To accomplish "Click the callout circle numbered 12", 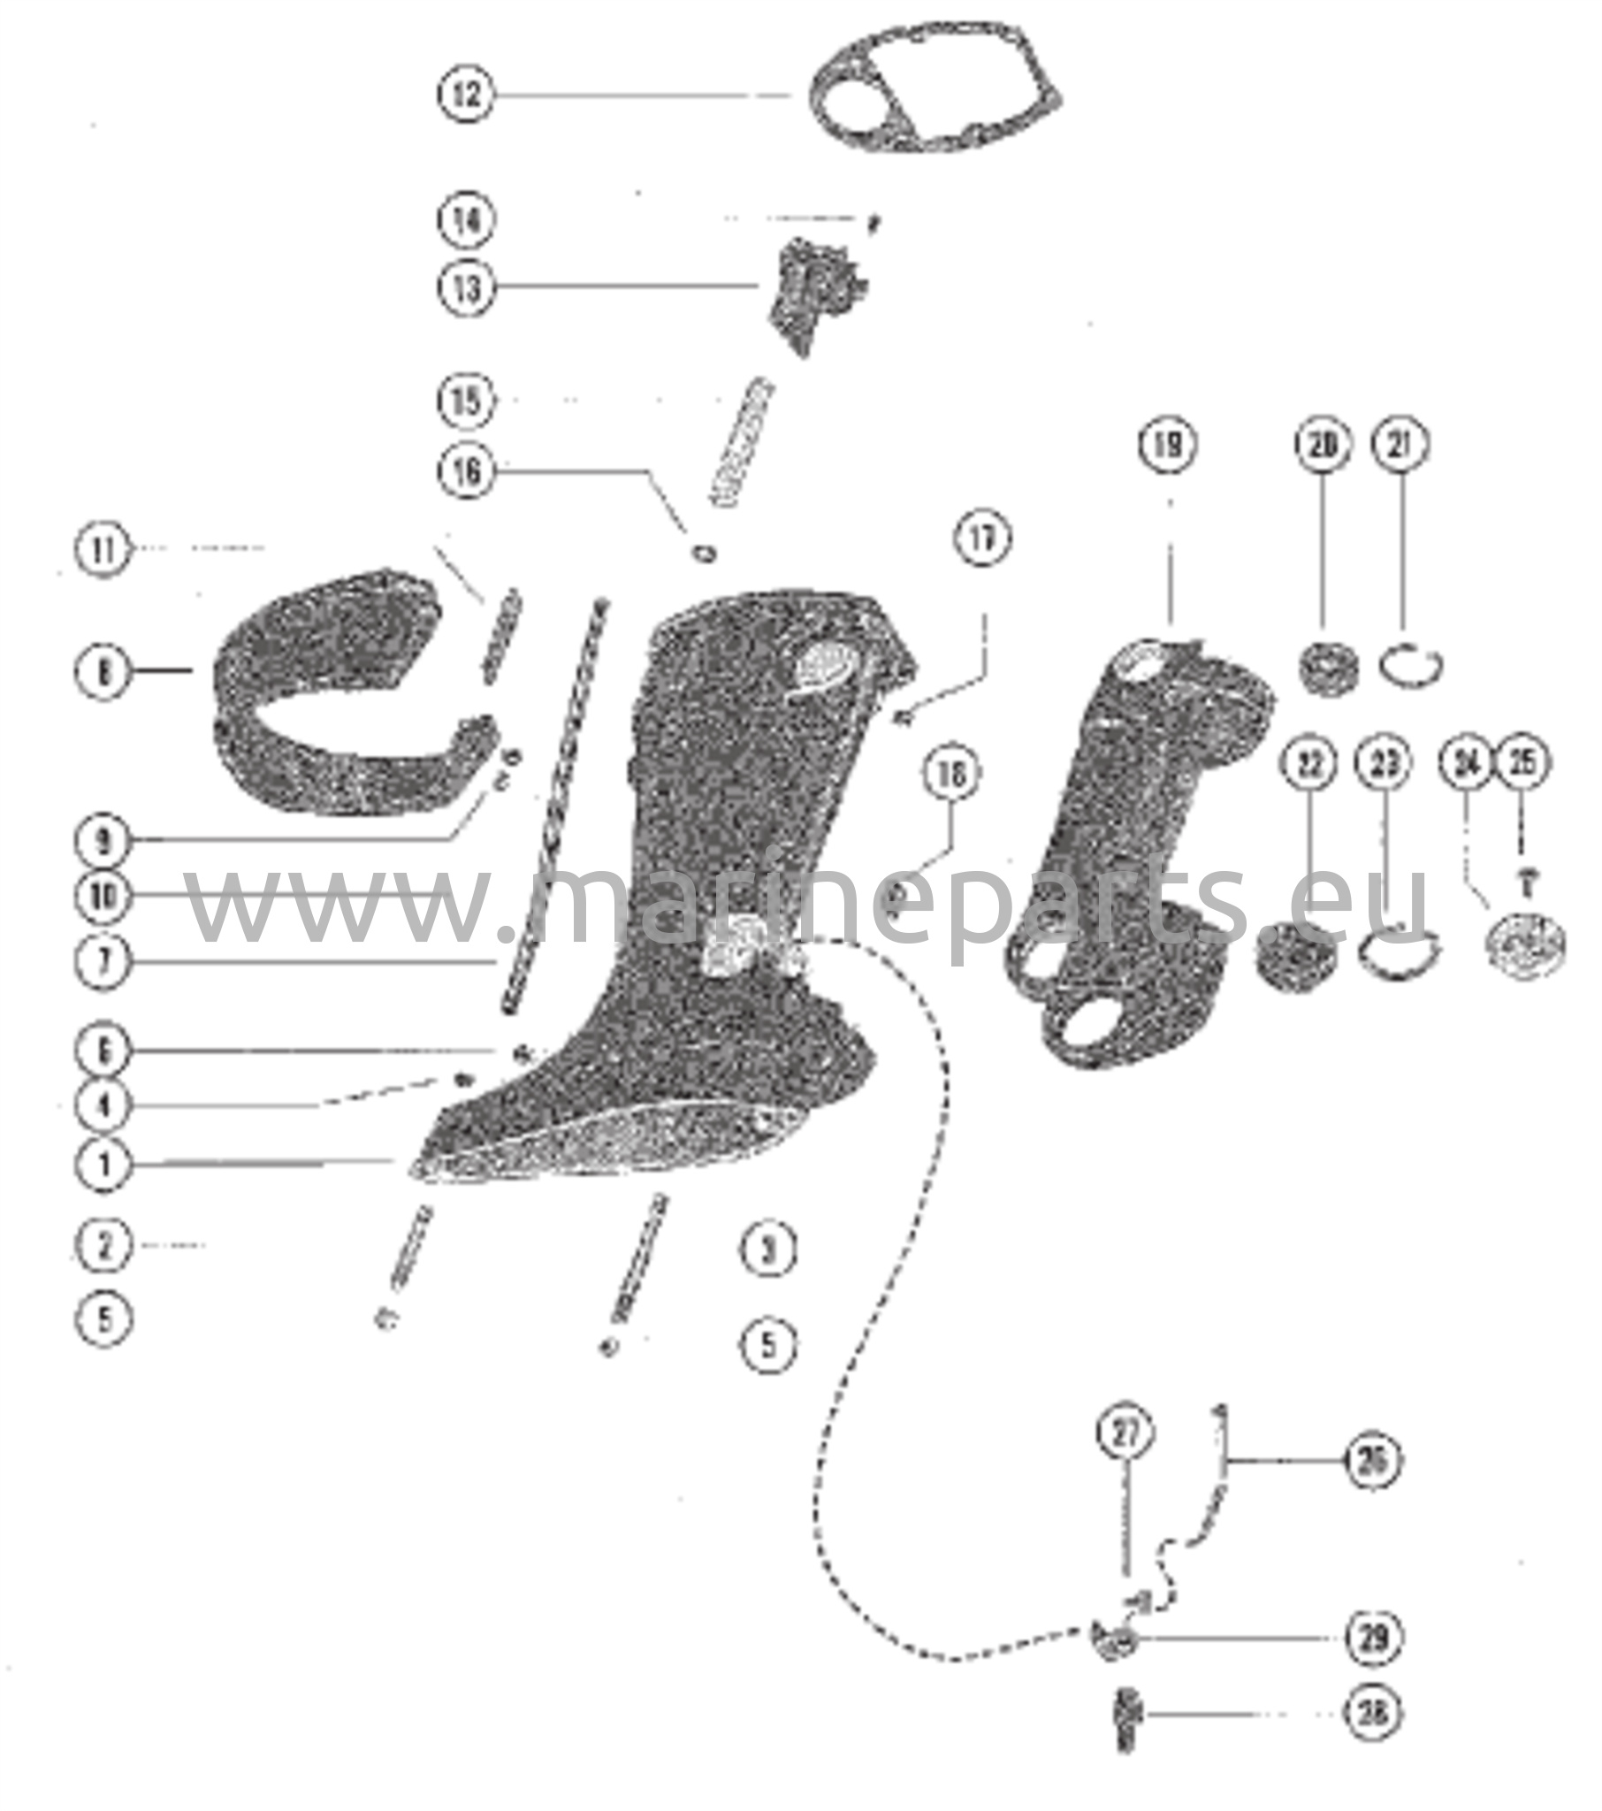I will [x=467, y=94].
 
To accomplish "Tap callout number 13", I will [x=467, y=287].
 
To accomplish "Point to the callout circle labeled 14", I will [x=467, y=218].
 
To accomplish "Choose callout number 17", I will [x=981, y=538].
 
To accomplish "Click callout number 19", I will [x=1168, y=444].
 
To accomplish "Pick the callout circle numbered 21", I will [x=1400, y=444].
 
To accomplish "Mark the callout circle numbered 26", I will [x=1372, y=1458].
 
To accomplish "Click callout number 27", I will [x=1125, y=1433].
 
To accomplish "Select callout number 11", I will [x=103, y=550].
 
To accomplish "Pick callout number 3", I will [x=768, y=1250].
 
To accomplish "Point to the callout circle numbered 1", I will [x=103, y=1163].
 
